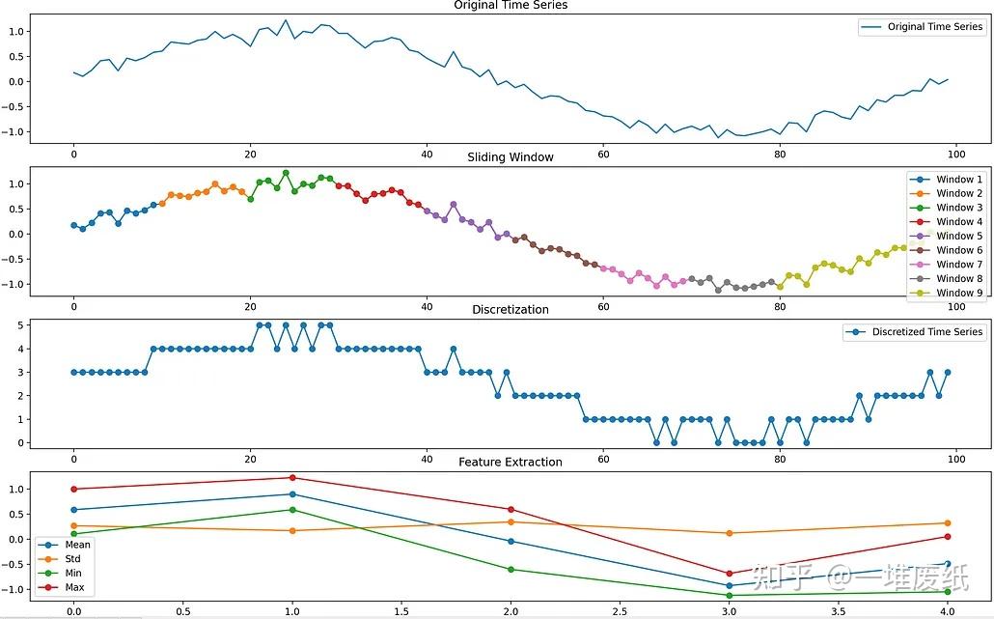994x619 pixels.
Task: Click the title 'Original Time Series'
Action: (511, 6)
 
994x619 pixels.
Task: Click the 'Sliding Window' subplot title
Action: (511, 156)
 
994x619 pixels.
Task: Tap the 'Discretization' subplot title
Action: (511, 309)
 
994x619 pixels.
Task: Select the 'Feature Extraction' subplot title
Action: (511, 462)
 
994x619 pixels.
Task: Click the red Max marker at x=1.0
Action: (292, 477)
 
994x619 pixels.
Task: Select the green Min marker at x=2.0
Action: (511, 569)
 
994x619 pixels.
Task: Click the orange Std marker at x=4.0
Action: (948, 523)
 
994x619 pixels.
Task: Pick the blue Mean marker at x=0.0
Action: (73, 510)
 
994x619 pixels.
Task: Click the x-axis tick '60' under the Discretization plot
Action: (603, 458)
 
